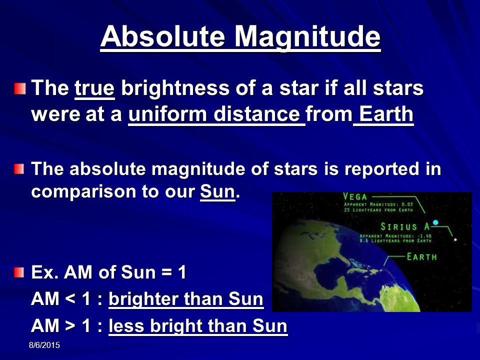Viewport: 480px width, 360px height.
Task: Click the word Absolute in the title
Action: point(162,36)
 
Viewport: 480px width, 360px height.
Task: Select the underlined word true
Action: point(94,88)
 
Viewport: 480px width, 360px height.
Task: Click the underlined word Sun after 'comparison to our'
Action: point(217,191)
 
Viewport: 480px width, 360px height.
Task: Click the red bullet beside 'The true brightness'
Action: point(19,89)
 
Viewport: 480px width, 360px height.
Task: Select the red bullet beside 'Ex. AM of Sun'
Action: point(19,272)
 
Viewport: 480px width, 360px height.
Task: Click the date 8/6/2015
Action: point(44,345)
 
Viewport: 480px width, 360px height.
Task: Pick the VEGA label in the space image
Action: point(355,196)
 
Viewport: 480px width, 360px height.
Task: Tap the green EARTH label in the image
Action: point(421,257)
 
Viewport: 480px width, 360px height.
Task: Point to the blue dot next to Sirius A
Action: point(435,222)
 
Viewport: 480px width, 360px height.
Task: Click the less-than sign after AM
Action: point(70,299)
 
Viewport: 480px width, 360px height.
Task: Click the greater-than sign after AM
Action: point(70,325)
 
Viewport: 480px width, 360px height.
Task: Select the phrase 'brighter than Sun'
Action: point(186,299)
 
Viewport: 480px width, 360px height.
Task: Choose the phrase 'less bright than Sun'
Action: point(198,325)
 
